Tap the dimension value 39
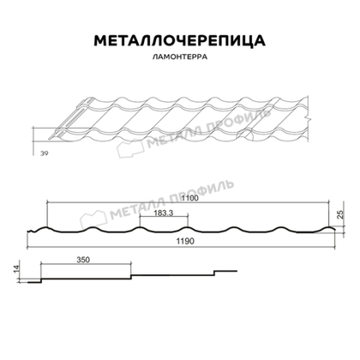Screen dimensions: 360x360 43,153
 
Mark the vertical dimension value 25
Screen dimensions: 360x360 341,213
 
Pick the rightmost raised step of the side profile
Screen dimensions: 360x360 225,272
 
